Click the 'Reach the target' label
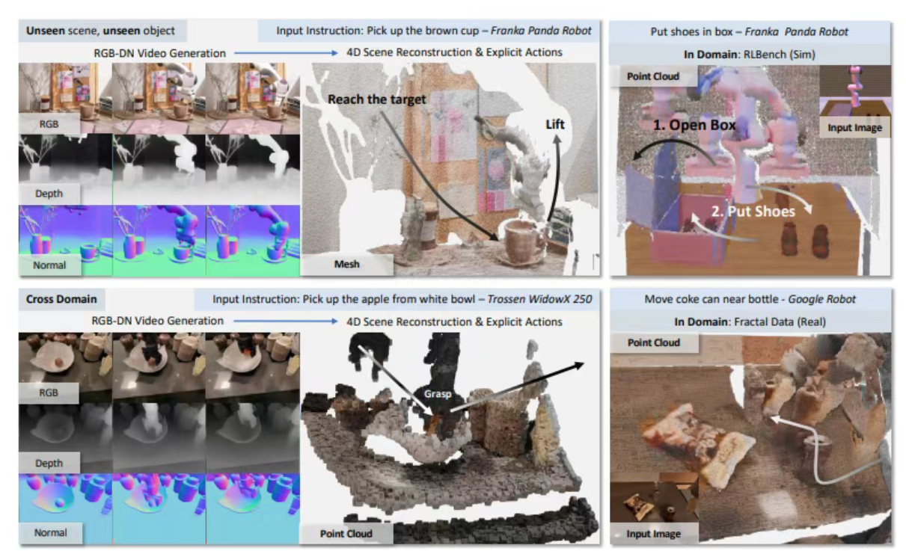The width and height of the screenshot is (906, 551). (376, 99)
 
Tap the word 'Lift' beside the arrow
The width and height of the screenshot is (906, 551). (554, 125)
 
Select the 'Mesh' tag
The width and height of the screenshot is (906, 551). (346, 264)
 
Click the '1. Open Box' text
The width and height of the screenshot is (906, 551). (694, 125)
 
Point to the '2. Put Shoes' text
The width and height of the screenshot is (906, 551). (753, 212)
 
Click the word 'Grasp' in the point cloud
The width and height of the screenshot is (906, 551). (437, 394)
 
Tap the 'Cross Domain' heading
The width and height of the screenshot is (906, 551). (61, 299)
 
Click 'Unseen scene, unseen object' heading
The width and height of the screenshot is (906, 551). (100, 31)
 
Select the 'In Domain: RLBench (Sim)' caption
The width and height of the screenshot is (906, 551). (749, 55)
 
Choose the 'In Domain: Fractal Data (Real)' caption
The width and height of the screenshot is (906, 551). (750, 321)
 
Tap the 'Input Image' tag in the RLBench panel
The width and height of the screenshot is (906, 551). (854, 128)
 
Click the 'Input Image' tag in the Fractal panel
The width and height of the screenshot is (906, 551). (653, 534)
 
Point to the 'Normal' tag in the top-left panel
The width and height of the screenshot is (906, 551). (49, 265)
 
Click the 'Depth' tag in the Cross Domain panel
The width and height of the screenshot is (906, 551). (49, 463)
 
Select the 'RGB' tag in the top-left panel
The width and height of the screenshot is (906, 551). (49, 124)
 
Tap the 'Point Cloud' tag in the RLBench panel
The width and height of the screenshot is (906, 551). (653, 76)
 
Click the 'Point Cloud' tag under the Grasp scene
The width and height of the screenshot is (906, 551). (346, 534)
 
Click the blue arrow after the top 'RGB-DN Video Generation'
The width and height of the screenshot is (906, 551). (286, 53)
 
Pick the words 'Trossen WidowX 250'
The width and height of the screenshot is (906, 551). (539, 299)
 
